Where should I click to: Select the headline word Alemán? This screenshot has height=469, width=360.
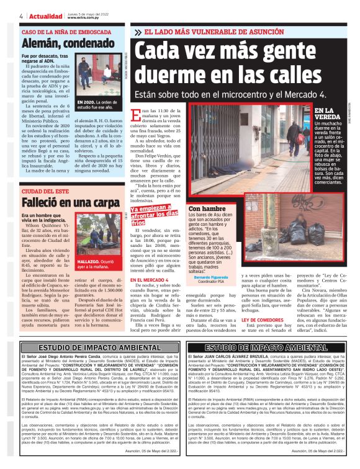point(40,43)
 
